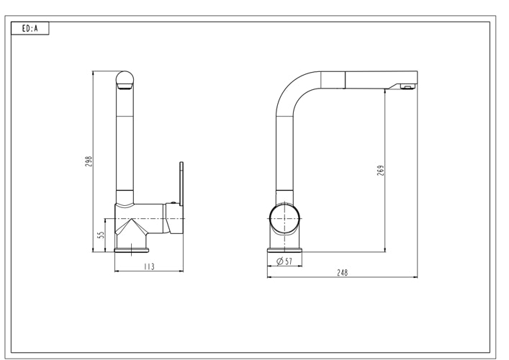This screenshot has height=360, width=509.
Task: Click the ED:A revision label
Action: pyautogui.click(x=30, y=30)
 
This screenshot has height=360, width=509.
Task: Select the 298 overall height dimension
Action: pyautogui.click(x=89, y=161)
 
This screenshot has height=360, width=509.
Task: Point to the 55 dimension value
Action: pyautogui.click(x=102, y=234)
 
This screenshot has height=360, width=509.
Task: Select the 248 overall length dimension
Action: pyautogui.click(x=342, y=273)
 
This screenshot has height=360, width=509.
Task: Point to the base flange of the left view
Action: pyautogui.click(x=132, y=251)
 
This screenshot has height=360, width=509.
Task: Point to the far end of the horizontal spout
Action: pyautogui.click(x=412, y=78)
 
